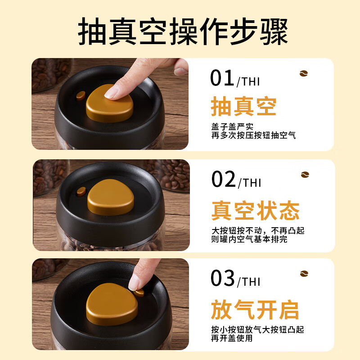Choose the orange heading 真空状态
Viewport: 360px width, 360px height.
coord(255,210)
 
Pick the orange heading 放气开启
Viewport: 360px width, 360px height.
coord(255,310)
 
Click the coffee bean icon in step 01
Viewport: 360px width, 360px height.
coord(305,73)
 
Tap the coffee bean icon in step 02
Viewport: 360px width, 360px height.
coord(305,175)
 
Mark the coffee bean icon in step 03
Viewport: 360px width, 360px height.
coord(305,274)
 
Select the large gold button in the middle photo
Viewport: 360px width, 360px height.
coord(111,198)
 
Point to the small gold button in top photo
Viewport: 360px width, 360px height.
coord(81,95)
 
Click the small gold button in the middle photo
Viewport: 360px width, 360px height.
coord(81,191)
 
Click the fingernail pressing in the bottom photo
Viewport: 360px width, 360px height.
coord(134,283)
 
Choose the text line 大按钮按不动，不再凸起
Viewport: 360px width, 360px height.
coord(258,230)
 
